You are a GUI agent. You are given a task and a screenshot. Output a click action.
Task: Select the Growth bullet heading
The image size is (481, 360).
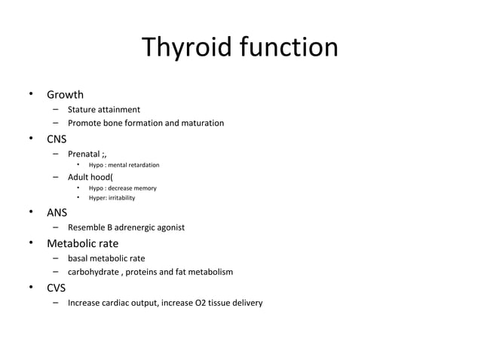[65, 95]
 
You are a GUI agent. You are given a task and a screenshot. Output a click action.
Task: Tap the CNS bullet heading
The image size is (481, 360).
[57, 139]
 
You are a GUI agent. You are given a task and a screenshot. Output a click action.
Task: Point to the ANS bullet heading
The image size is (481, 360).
[57, 212]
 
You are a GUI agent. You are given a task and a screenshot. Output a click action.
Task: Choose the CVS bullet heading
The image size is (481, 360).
[57, 287]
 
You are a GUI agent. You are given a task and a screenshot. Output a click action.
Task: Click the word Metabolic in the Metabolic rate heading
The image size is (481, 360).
[72, 243]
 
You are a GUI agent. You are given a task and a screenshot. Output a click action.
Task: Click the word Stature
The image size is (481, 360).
[83, 110]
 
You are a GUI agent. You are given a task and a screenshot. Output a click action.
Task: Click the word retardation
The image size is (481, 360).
[142, 165]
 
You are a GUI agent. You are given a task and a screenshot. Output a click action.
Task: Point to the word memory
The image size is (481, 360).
[144, 188]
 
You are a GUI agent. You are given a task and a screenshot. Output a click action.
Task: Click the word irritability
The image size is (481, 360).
[122, 198]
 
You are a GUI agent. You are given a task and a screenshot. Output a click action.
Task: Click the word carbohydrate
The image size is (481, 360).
[94, 272]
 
